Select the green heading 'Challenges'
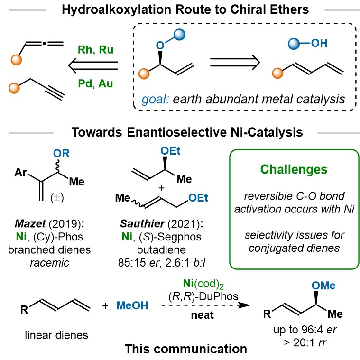point(292,169)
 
